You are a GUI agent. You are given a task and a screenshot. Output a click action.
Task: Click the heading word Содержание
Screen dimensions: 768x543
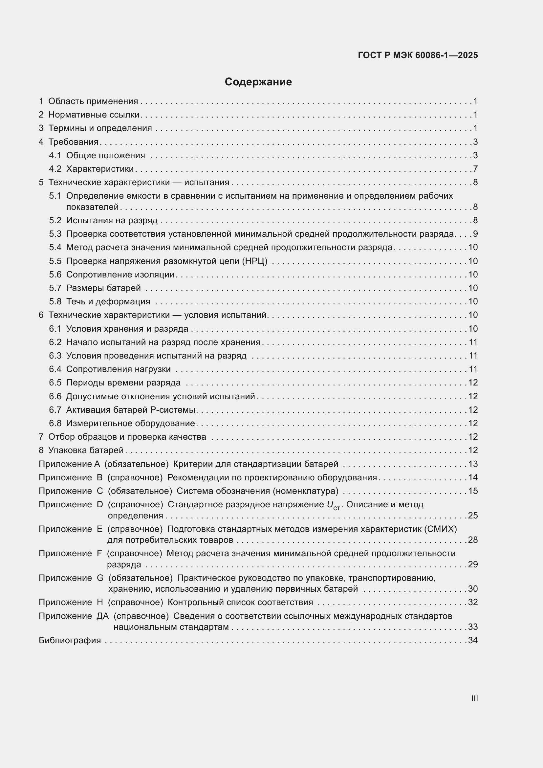coord(258,82)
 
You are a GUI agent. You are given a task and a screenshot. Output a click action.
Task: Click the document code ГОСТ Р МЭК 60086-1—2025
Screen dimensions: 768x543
coord(418,55)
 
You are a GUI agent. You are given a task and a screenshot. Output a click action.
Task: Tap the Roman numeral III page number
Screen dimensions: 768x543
coord(474,698)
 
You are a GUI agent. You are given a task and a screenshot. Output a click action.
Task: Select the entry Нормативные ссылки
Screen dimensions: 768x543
coord(94,115)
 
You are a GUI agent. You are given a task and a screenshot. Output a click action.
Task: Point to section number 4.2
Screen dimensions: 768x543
coord(55,169)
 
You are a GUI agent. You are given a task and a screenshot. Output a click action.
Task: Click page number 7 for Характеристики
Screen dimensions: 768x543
coord(475,169)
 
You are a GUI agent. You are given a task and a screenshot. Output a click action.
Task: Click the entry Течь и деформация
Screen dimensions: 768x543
coord(108,302)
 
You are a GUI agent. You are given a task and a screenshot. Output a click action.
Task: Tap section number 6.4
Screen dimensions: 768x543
coord(55,369)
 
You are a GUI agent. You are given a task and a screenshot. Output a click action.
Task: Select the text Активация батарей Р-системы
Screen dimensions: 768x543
coord(130,410)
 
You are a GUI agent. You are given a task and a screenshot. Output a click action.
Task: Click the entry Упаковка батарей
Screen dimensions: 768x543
coord(86,450)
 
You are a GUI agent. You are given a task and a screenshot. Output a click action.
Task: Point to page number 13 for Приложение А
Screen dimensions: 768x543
coord(473,464)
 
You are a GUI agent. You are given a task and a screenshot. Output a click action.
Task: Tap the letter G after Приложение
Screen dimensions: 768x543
coord(100,578)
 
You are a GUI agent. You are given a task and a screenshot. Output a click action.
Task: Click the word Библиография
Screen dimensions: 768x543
coord(70,640)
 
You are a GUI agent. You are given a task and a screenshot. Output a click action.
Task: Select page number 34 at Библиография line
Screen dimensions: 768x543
coord(473,640)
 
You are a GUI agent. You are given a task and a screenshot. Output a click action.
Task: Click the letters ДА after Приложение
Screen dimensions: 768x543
coord(103,616)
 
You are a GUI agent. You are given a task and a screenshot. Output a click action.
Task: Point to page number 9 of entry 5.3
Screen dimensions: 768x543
coord(475,234)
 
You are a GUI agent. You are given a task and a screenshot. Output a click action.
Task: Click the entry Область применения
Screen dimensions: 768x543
coord(93,101)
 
